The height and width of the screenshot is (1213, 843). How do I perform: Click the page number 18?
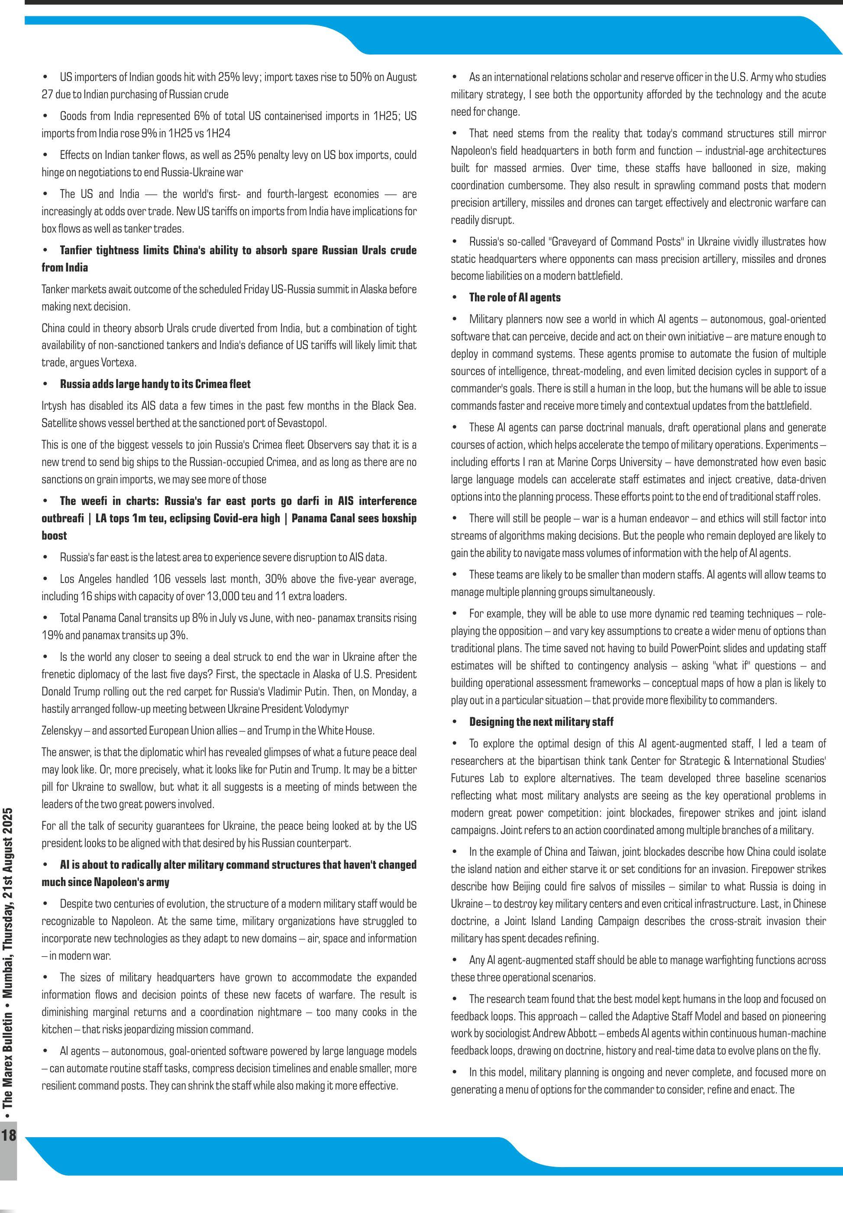[9, 1134]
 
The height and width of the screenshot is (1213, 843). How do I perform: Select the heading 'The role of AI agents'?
[514, 298]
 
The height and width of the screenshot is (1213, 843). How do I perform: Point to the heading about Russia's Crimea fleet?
[155, 384]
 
